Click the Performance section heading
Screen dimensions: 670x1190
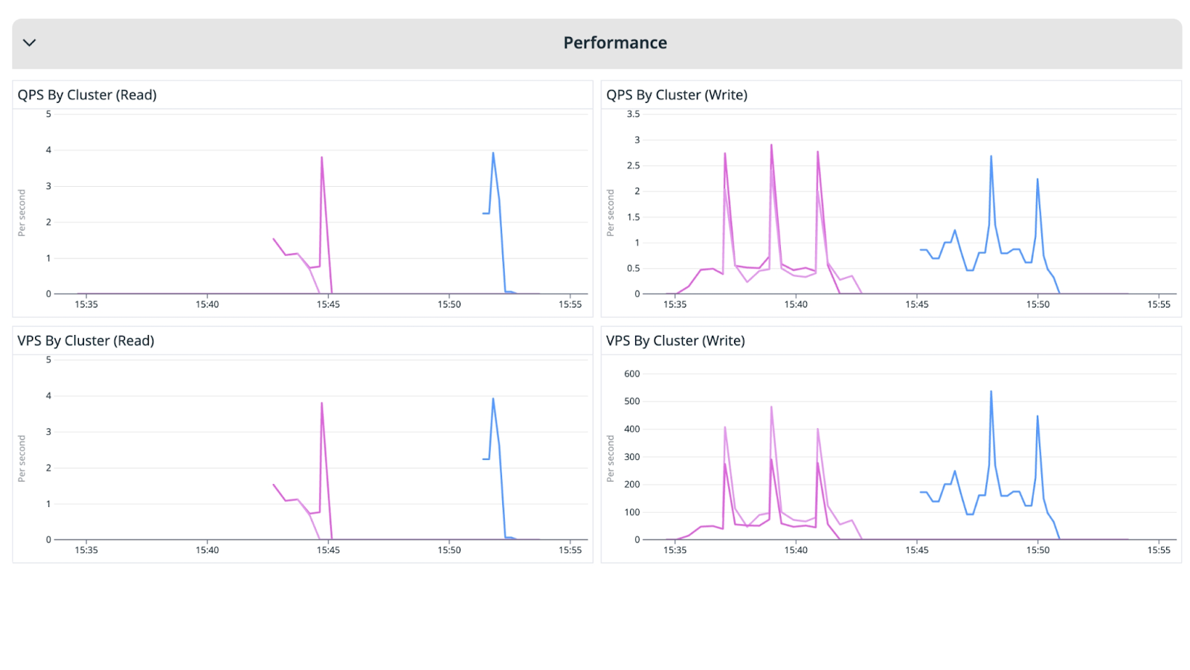coord(614,43)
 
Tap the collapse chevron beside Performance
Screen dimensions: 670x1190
coord(30,43)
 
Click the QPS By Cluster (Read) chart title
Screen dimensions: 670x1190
coord(87,95)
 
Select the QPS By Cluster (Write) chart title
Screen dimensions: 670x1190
coord(676,95)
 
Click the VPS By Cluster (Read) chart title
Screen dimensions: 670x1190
coord(86,341)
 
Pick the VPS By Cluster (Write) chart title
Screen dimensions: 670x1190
coord(675,341)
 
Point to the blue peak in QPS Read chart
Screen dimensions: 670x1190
coord(493,154)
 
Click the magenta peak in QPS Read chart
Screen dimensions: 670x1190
coord(321,158)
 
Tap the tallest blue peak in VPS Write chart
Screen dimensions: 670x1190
coord(991,392)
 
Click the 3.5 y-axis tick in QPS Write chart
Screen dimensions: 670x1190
coord(633,114)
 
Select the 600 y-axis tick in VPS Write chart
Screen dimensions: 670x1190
coord(631,374)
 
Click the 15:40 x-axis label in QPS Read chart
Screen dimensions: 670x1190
coord(207,304)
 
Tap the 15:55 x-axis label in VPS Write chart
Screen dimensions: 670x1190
coord(1158,550)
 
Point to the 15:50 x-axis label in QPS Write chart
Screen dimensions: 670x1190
coord(1038,304)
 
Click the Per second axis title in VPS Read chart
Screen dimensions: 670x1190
coord(22,459)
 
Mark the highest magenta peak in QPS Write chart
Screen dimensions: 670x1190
coord(771,146)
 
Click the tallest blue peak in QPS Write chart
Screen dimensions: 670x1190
coord(991,157)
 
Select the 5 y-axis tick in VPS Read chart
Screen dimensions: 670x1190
coord(48,360)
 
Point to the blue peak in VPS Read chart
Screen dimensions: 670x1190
coord(493,400)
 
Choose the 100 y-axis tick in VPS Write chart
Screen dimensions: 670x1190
coord(631,512)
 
